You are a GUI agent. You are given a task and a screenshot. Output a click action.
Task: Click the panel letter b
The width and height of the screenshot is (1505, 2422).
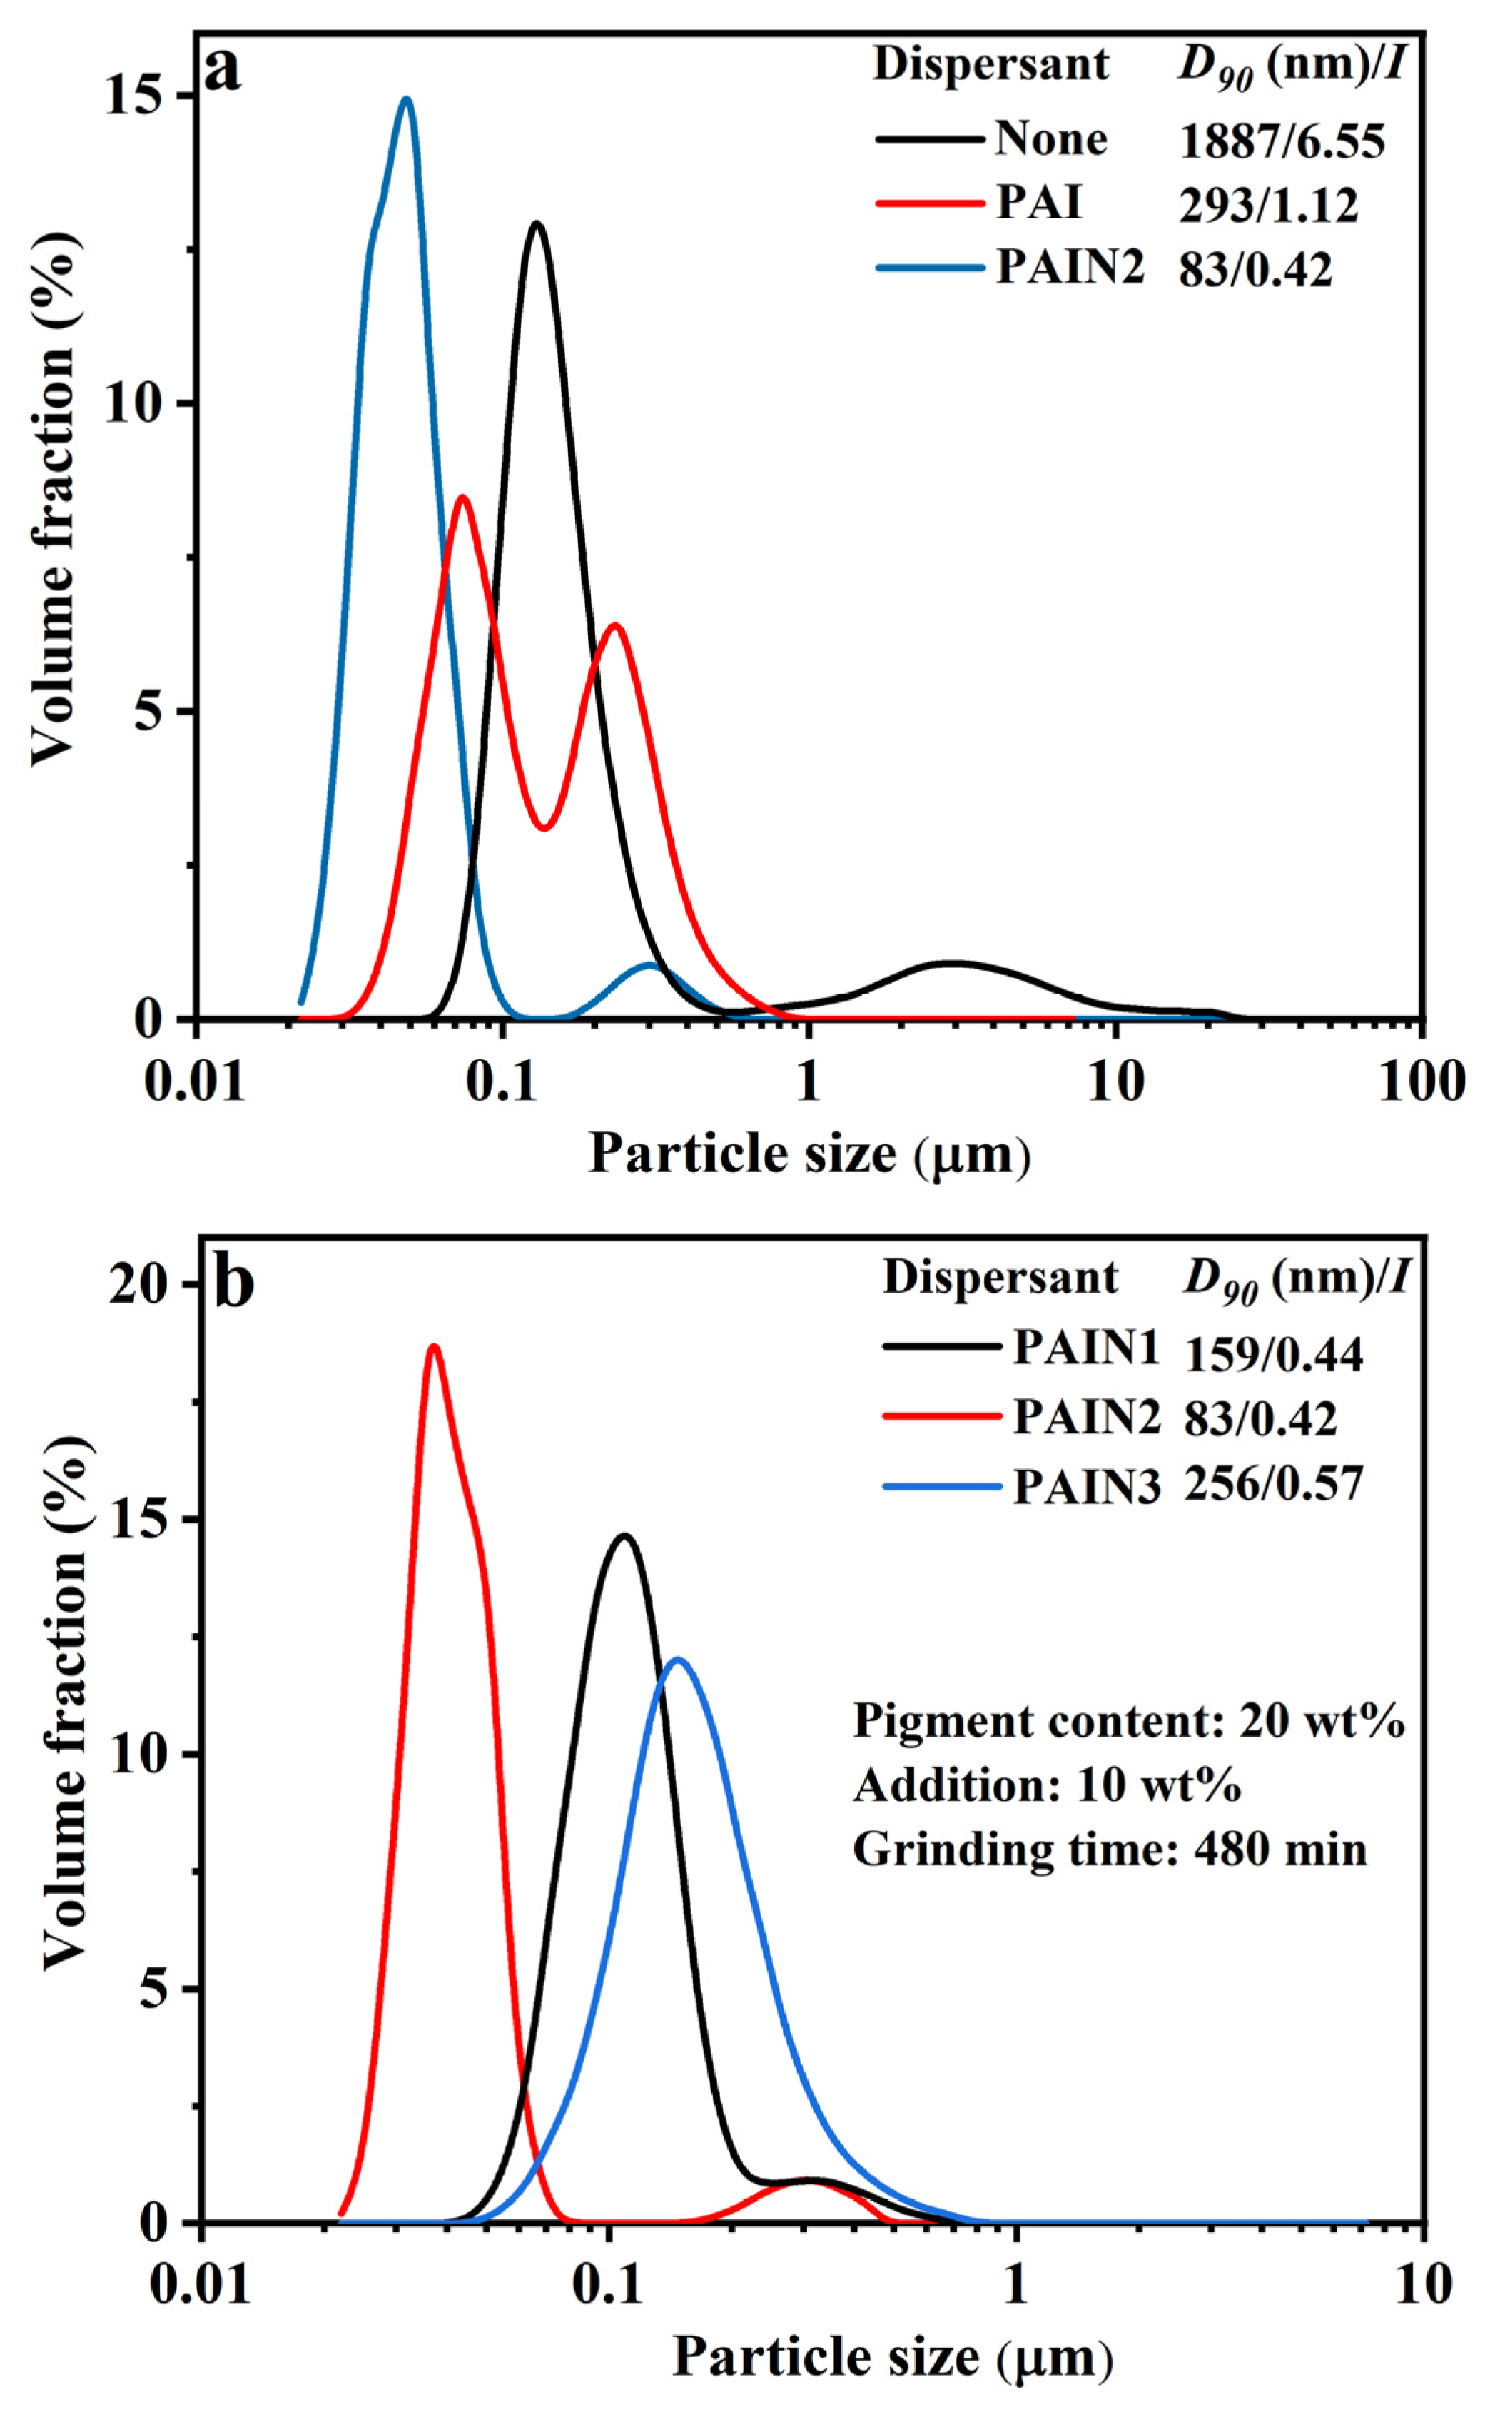point(234,1284)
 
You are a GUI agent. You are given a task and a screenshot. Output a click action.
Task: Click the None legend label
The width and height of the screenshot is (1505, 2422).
point(1050,139)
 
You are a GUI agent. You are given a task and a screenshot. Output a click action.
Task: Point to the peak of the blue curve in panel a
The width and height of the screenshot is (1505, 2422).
point(405,99)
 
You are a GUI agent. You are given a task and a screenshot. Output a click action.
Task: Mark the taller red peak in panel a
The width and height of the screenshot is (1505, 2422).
point(462,497)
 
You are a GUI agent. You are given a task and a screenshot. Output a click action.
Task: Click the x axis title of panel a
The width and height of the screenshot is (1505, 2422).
point(809,1155)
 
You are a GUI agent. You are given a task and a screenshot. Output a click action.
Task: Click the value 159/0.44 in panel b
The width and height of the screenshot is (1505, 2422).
point(1273,1355)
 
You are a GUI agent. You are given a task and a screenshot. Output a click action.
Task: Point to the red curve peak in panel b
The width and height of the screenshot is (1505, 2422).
point(433,1347)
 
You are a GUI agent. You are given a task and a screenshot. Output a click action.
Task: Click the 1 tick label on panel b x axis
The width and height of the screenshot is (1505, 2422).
point(1015,2285)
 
